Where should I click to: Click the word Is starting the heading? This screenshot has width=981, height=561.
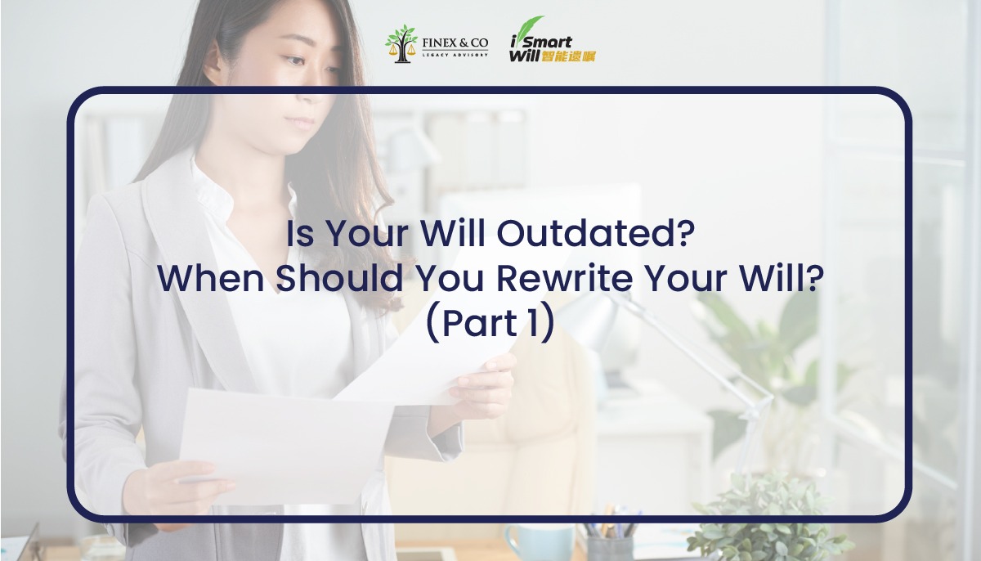point(299,235)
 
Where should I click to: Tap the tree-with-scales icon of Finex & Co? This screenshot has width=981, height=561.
point(401,43)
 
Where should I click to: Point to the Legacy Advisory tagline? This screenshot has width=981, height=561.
point(455,54)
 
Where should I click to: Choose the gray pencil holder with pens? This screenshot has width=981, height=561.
point(610,541)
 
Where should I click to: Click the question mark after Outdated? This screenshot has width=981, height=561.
point(685,235)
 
